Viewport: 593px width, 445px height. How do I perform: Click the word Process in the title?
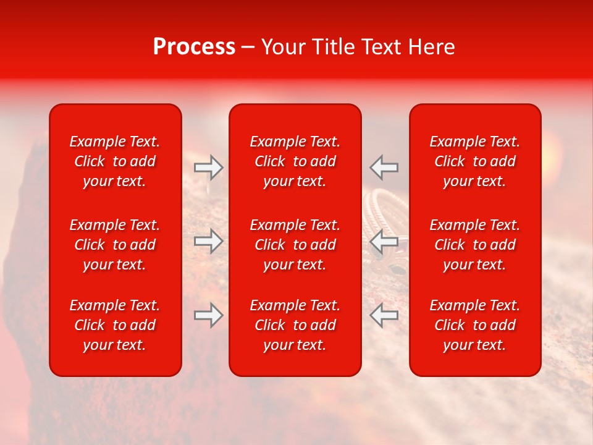[x=194, y=48]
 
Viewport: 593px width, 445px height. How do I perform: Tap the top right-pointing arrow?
[x=208, y=167]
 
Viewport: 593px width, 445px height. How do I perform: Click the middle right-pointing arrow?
[x=208, y=241]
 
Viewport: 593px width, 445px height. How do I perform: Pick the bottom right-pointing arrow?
[x=208, y=315]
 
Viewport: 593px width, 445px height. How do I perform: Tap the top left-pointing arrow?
[x=384, y=167]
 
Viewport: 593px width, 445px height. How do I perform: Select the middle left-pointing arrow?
[x=384, y=241]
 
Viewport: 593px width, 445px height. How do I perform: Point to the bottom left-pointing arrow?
[x=384, y=315]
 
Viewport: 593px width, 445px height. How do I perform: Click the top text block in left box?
[x=115, y=161]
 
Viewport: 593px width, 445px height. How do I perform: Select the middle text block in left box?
[x=115, y=245]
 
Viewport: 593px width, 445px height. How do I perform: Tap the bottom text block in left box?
[x=115, y=325]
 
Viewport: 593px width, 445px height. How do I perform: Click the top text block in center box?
[x=295, y=161]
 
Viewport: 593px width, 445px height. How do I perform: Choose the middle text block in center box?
[x=295, y=245]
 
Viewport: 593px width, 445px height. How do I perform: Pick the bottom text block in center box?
[x=295, y=325]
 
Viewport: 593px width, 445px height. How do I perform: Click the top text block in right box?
[x=475, y=161]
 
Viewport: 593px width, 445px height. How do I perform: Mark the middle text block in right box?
[x=475, y=245]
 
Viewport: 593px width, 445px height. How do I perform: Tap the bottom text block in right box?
[x=475, y=325]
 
